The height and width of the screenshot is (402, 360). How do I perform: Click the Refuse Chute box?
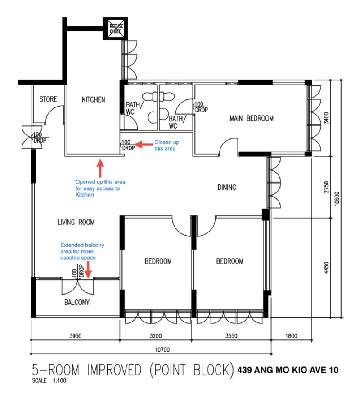pyautogui.click(x=115, y=28)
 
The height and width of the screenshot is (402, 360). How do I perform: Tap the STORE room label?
pyautogui.click(x=48, y=99)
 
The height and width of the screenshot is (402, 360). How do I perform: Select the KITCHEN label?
pyautogui.click(x=94, y=99)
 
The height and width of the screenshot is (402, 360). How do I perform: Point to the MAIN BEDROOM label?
pyautogui.click(x=252, y=118)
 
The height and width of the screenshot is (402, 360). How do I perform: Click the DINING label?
pyautogui.click(x=227, y=188)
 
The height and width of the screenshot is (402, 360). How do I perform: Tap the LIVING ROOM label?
pyautogui.click(x=76, y=222)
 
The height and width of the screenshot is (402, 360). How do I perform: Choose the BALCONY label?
pyautogui.click(x=76, y=302)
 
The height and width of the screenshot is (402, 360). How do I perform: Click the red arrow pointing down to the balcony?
pyautogui.click(x=88, y=270)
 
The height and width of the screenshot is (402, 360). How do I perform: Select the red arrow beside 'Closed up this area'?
pyautogui.click(x=144, y=145)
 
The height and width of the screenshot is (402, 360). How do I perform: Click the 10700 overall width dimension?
pyautogui.click(x=162, y=349)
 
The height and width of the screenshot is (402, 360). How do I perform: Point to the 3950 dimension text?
pyautogui.click(x=76, y=335)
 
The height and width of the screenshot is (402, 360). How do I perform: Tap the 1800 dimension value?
pyautogui.click(x=291, y=335)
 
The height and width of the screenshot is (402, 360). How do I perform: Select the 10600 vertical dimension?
pyautogui.click(x=337, y=199)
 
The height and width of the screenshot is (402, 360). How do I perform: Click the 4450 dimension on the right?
pyautogui.click(x=326, y=268)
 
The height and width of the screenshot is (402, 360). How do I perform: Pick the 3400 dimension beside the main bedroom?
pyautogui.click(x=326, y=118)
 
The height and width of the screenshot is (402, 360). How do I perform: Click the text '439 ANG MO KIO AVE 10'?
pyautogui.click(x=288, y=370)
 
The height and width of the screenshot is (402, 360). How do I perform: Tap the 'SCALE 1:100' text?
pyautogui.click(x=49, y=380)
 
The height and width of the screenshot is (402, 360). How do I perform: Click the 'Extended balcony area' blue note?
pyautogui.click(x=82, y=251)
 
